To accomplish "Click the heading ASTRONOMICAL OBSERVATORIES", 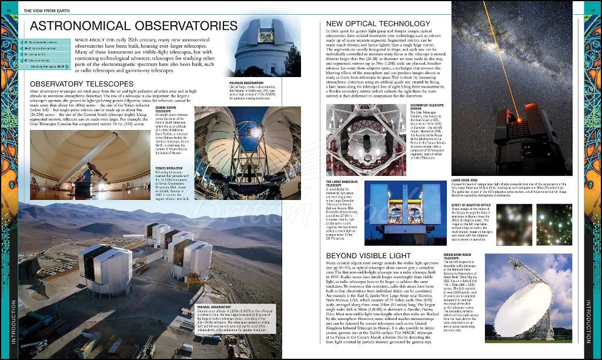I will [133, 26].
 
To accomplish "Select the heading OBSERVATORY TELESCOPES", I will [81, 84].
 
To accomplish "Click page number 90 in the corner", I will [6, 9].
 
